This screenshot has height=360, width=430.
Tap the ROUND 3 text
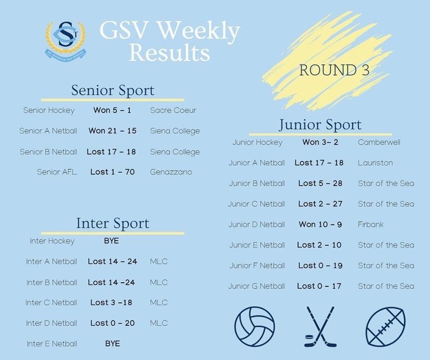(x=334, y=70)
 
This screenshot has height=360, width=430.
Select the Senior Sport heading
(x=113, y=91)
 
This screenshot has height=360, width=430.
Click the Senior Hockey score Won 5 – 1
(x=112, y=110)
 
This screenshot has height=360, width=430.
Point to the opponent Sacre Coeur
(x=173, y=110)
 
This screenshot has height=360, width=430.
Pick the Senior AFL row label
(x=57, y=172)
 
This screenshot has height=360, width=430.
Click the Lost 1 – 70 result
(x=113, y=172)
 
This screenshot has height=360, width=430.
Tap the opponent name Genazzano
(x=171, y=172)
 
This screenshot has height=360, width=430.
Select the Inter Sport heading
(x=113, y=223)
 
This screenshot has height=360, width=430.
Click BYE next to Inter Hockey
(x=111, y=241)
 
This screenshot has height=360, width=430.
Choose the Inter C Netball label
(x=51, y=302)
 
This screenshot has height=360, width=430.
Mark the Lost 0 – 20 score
(x=113, y=323)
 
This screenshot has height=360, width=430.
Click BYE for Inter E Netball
(x=113, y=343)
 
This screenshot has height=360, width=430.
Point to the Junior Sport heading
(x=320, y=125)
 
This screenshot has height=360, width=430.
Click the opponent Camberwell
(x=379, y=142)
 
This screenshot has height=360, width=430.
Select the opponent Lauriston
(x=375, y=163)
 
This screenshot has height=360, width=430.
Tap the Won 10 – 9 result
(x=320, y=225)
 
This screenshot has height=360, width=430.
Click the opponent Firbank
(x=370, y=225)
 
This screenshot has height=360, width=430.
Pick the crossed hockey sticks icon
(x=320, y=327)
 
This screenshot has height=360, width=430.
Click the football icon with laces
(x=386, y=326)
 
